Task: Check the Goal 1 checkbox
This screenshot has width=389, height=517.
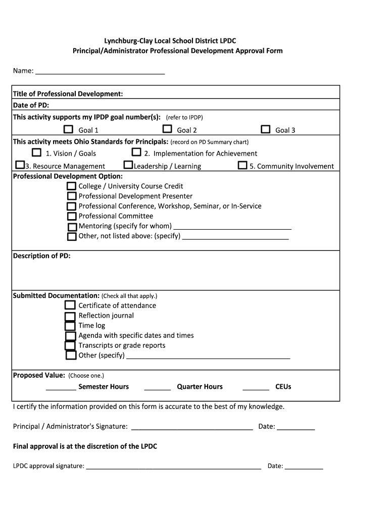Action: [68, 130]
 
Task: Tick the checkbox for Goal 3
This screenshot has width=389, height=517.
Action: [266, 130]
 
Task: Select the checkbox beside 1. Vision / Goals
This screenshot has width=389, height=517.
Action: [36, 152]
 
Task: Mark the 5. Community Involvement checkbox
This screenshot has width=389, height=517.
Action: [242, 166]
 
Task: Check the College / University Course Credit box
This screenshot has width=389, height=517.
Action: [71, 186]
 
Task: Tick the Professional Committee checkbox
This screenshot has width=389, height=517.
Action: [71, 216]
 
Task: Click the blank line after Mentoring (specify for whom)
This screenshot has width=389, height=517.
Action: [232, 227]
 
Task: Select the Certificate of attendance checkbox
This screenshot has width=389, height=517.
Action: [70, 305]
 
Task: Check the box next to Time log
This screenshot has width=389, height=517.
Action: [70, 326]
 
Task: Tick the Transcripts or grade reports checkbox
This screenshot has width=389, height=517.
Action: [70, 346]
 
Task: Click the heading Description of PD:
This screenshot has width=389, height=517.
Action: [41, 256]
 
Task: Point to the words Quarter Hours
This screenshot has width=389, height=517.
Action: [200, 387]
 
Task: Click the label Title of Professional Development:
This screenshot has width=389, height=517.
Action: [68, 94]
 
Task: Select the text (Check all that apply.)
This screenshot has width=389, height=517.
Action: [129, 296]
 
